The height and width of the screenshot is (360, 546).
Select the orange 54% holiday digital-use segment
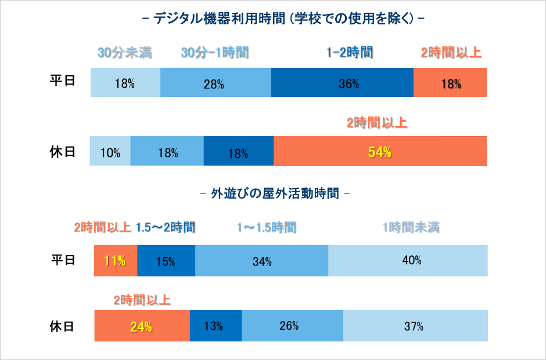[380, 152]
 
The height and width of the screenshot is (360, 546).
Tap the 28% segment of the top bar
[215, 82]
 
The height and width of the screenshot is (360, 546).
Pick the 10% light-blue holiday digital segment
[110, 152]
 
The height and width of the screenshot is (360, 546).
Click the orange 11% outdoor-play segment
[116, 261]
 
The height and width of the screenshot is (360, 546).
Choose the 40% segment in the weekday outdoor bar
[408, 261]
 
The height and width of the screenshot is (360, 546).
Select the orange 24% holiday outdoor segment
[142, 326]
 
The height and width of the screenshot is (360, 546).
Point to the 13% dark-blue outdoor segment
[215, 326]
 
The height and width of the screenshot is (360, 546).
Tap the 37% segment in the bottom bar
[415, 326]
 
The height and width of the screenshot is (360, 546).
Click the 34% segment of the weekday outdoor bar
[261, 261]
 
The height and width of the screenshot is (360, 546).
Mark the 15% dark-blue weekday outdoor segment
[166, 261]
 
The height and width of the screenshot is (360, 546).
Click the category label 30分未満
[124, 53]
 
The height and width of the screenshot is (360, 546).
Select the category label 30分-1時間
[215, 53]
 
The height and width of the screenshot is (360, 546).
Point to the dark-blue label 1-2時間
[349, 53]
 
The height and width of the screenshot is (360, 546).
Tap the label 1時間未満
[411, 227]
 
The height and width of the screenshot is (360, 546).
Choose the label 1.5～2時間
[166, 227]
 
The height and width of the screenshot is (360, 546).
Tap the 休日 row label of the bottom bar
[62, 326]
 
